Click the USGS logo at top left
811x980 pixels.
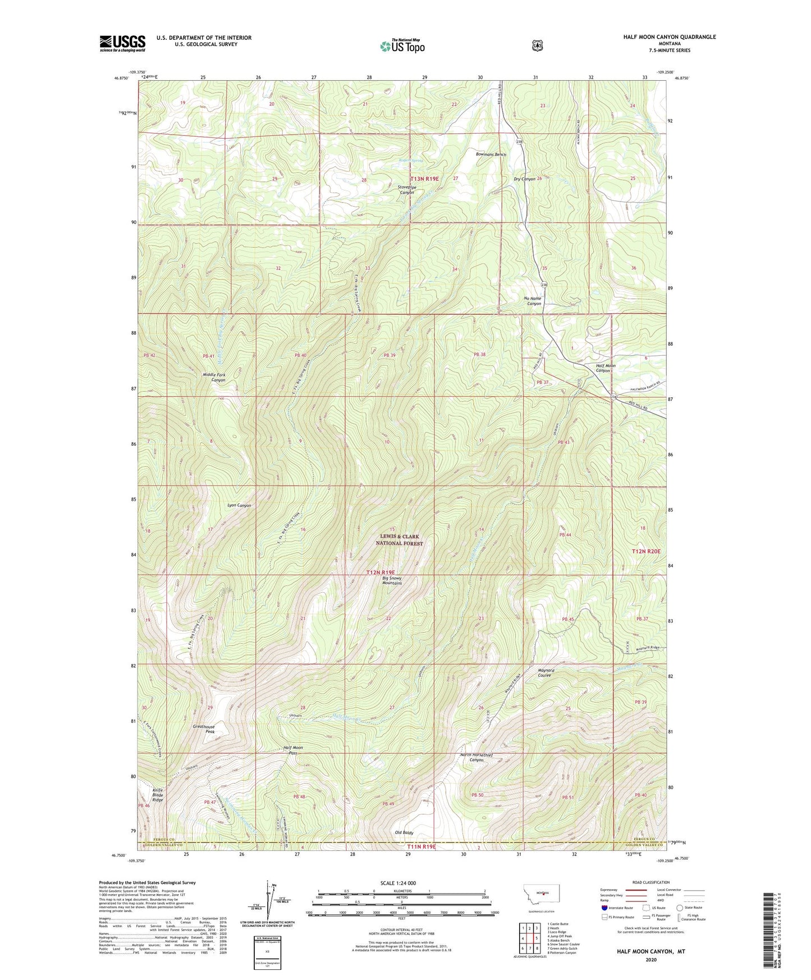[122, 43]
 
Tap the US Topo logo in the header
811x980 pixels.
[402, 46]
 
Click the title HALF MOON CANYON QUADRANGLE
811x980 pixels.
[669, 37]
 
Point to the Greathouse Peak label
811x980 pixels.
[203, 729]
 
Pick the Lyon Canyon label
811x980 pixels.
[239, 505]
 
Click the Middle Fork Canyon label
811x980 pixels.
[214, 377]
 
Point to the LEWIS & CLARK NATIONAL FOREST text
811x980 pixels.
[399, 540]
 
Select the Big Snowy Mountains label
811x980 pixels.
[392, 580]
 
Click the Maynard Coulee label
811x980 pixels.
[546, 672]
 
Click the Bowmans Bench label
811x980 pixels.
[491, 154]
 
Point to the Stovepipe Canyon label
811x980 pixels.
[406, 189]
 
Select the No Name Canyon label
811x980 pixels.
[533, 301]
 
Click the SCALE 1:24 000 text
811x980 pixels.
[398, 883]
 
